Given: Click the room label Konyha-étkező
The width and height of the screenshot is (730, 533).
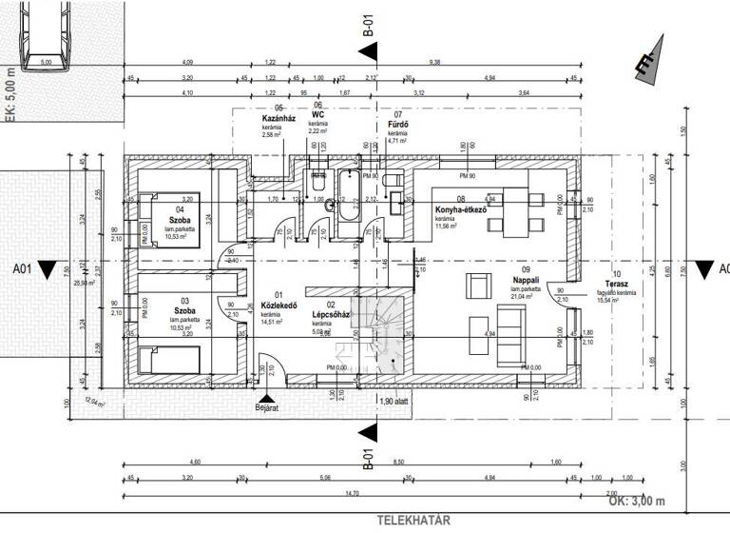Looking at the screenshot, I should point(461,209).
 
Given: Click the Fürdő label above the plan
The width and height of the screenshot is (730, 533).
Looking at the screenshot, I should point(397,124).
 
